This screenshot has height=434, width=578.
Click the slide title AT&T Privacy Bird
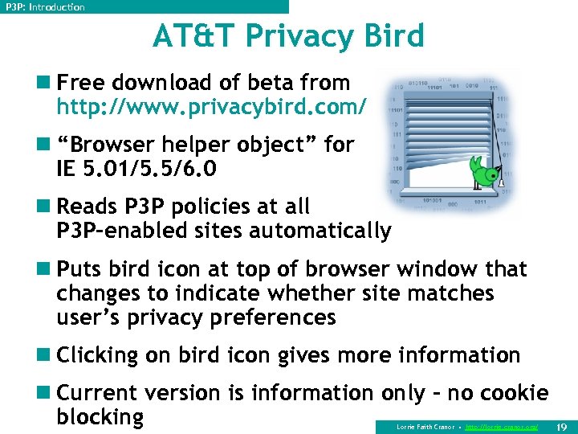pos(288,36)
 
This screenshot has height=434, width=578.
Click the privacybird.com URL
pos(212,105)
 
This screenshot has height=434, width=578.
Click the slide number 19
pos(562,426)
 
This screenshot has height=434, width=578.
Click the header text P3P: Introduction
pos(45,7)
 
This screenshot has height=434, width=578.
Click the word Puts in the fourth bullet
pos(80,269)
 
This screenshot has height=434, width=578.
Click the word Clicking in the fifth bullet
pos(99,355)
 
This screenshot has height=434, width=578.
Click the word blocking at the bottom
pos(100,416)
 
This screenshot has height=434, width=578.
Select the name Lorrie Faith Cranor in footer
pos(425,427)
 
